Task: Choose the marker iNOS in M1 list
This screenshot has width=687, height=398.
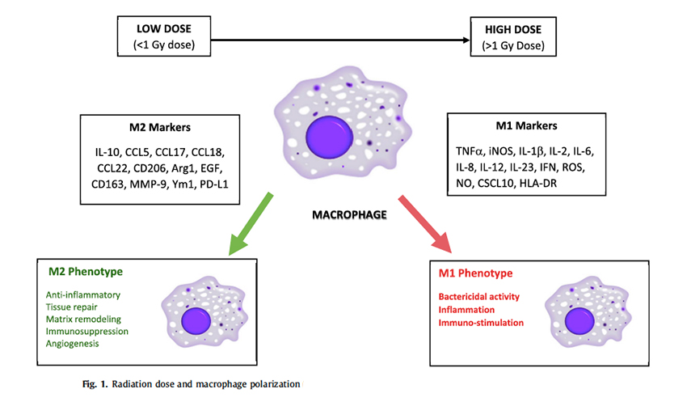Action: [508, 150]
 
